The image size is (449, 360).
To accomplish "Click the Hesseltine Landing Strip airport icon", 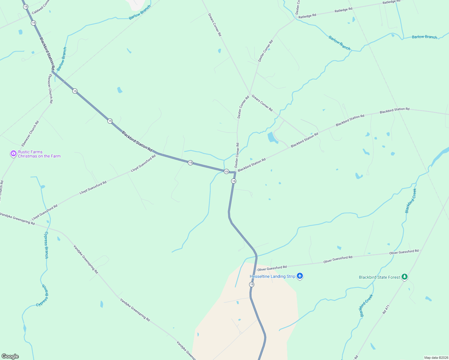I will click(300, 276).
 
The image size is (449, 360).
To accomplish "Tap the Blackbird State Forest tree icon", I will click(405, 277).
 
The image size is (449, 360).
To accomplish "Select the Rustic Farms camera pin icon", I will click(13, 154).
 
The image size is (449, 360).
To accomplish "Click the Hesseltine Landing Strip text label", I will click(272, 276).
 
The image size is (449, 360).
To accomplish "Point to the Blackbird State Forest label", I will click(379, 277).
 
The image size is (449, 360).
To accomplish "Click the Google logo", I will click(10, 356).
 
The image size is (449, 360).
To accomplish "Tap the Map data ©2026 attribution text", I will click(436, 358).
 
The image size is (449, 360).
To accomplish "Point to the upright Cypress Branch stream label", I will click(46, 245).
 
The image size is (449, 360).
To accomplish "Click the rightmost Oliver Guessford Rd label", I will click(404, 252).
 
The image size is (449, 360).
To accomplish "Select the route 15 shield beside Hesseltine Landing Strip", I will click(252, 284).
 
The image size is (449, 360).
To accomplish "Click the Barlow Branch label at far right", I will click(424, 37).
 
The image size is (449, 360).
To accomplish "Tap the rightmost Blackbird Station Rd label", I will click(394, 110).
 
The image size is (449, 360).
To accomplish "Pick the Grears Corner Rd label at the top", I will click(215, 25).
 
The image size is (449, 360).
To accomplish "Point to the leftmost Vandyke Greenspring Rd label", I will click(17, 219).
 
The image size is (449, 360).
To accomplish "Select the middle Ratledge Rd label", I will click(343, 10).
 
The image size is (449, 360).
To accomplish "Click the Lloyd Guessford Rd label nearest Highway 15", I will click(143, 163).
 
